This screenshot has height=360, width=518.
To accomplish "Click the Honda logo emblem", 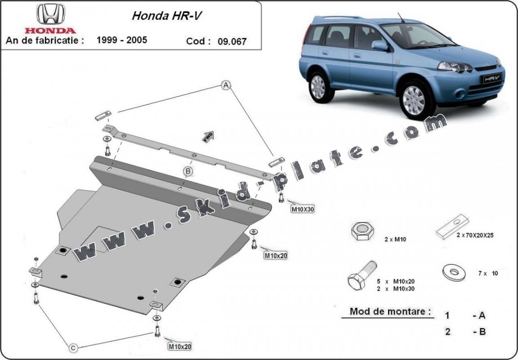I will tap(50, 15).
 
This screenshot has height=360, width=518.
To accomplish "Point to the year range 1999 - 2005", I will tap(122, 40).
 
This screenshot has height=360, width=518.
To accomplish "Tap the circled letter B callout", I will tap(188, 171).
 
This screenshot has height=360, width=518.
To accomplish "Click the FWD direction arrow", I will tap(208, 136).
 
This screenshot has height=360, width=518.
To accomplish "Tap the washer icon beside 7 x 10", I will tap(452, 272).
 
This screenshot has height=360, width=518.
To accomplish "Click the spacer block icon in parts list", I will tap(453, 229).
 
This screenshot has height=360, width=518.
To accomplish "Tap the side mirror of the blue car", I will tap(379, 45).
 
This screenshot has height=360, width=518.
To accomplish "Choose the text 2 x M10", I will tap(396, 240).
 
